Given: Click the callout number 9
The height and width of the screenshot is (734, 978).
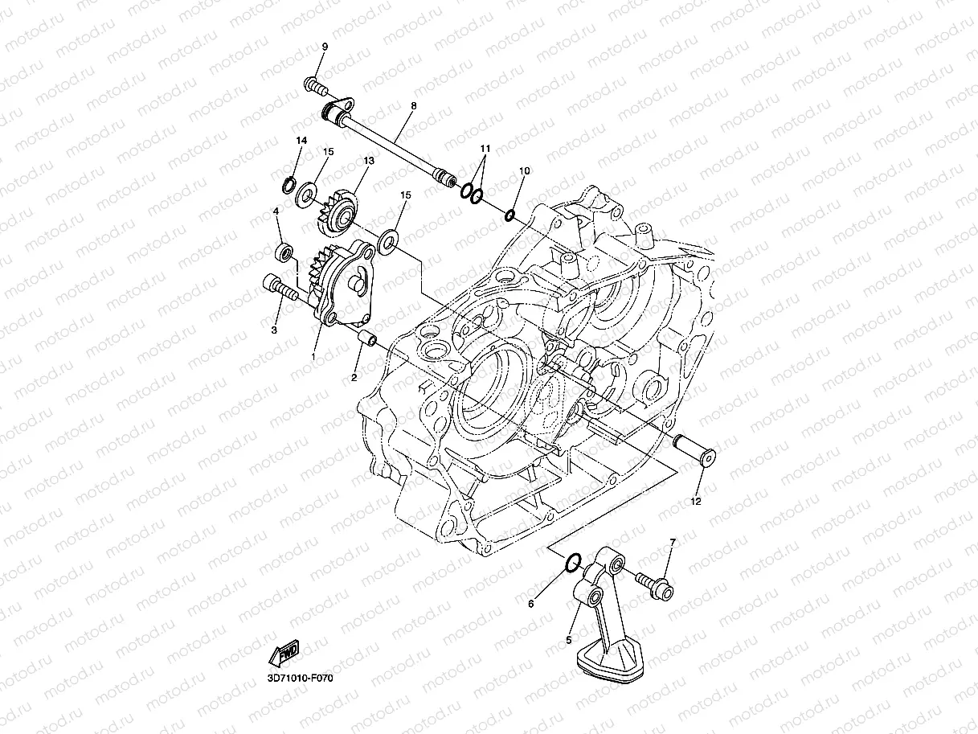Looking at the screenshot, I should click(x=325, y=47).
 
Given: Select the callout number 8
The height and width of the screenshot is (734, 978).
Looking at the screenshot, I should click(x=413, y=106).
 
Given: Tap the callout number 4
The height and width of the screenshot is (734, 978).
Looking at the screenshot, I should click(x=276, y=211).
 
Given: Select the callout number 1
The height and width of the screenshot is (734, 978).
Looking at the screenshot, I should click(x=314, y=355).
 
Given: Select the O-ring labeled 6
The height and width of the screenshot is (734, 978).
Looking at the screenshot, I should click(x=571, y=563).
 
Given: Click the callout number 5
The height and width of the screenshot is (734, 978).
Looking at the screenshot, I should click(x=570, y=640).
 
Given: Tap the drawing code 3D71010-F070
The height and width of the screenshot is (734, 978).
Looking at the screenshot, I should click(x=300, y=679).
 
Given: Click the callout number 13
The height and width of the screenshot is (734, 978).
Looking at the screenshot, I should click(x=369, y=161).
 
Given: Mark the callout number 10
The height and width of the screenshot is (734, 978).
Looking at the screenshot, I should click(x=524, y=171).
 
